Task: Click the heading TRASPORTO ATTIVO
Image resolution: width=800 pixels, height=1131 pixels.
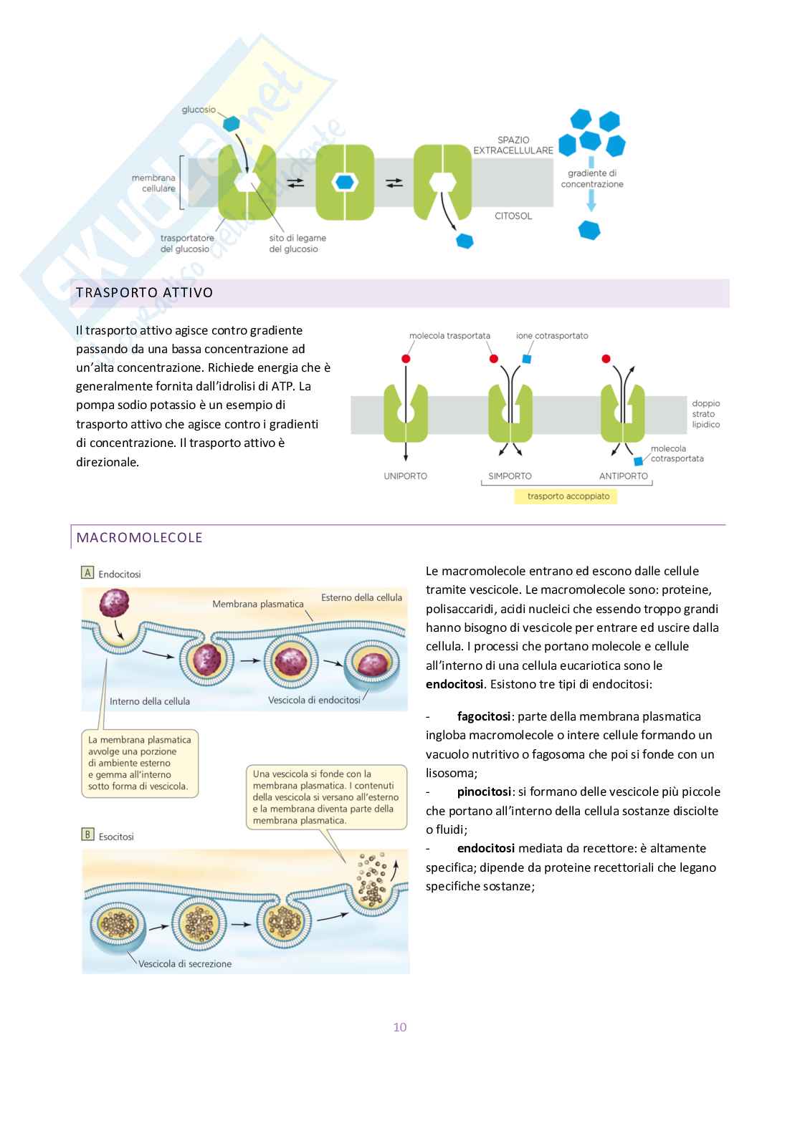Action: tap(144, 293)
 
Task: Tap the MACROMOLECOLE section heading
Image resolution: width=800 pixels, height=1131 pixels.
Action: tap(139, 538)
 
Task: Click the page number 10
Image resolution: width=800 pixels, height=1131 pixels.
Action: tap(399, 1027)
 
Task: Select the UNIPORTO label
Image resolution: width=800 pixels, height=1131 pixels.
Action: tap(405, 476)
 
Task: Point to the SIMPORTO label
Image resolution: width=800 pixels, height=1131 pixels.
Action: tap(510, 476)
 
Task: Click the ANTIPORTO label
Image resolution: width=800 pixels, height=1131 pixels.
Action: tap(623, 476)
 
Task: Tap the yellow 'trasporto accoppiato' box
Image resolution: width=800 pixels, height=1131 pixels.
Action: tap(568, 496)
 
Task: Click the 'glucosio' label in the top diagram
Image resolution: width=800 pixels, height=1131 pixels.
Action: tap(199, 110)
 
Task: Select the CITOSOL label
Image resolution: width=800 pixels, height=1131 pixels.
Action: tap(513, 216)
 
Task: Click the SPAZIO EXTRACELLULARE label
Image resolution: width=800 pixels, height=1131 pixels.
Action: tap(513, 145)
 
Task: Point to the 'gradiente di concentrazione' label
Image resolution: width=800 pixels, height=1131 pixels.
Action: tap(592, 178)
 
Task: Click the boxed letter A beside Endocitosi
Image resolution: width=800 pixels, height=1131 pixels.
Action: tap(88, 573)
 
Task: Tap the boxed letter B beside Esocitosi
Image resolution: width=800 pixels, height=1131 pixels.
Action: tap(88, 834)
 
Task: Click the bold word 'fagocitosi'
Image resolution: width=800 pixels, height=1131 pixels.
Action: tap(484, 716)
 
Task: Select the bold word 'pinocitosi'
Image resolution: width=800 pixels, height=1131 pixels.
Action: tap(484, 791)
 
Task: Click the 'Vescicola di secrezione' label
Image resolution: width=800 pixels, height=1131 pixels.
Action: tap(185, 964)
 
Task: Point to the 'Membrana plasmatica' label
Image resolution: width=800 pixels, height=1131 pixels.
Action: tap(258, 605)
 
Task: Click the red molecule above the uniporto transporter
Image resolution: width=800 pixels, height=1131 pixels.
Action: tap(406, 358)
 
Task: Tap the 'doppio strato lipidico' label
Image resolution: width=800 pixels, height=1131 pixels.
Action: tap(705, 414)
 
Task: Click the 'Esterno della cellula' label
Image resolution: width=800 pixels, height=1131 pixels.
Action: tap(361, 597)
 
